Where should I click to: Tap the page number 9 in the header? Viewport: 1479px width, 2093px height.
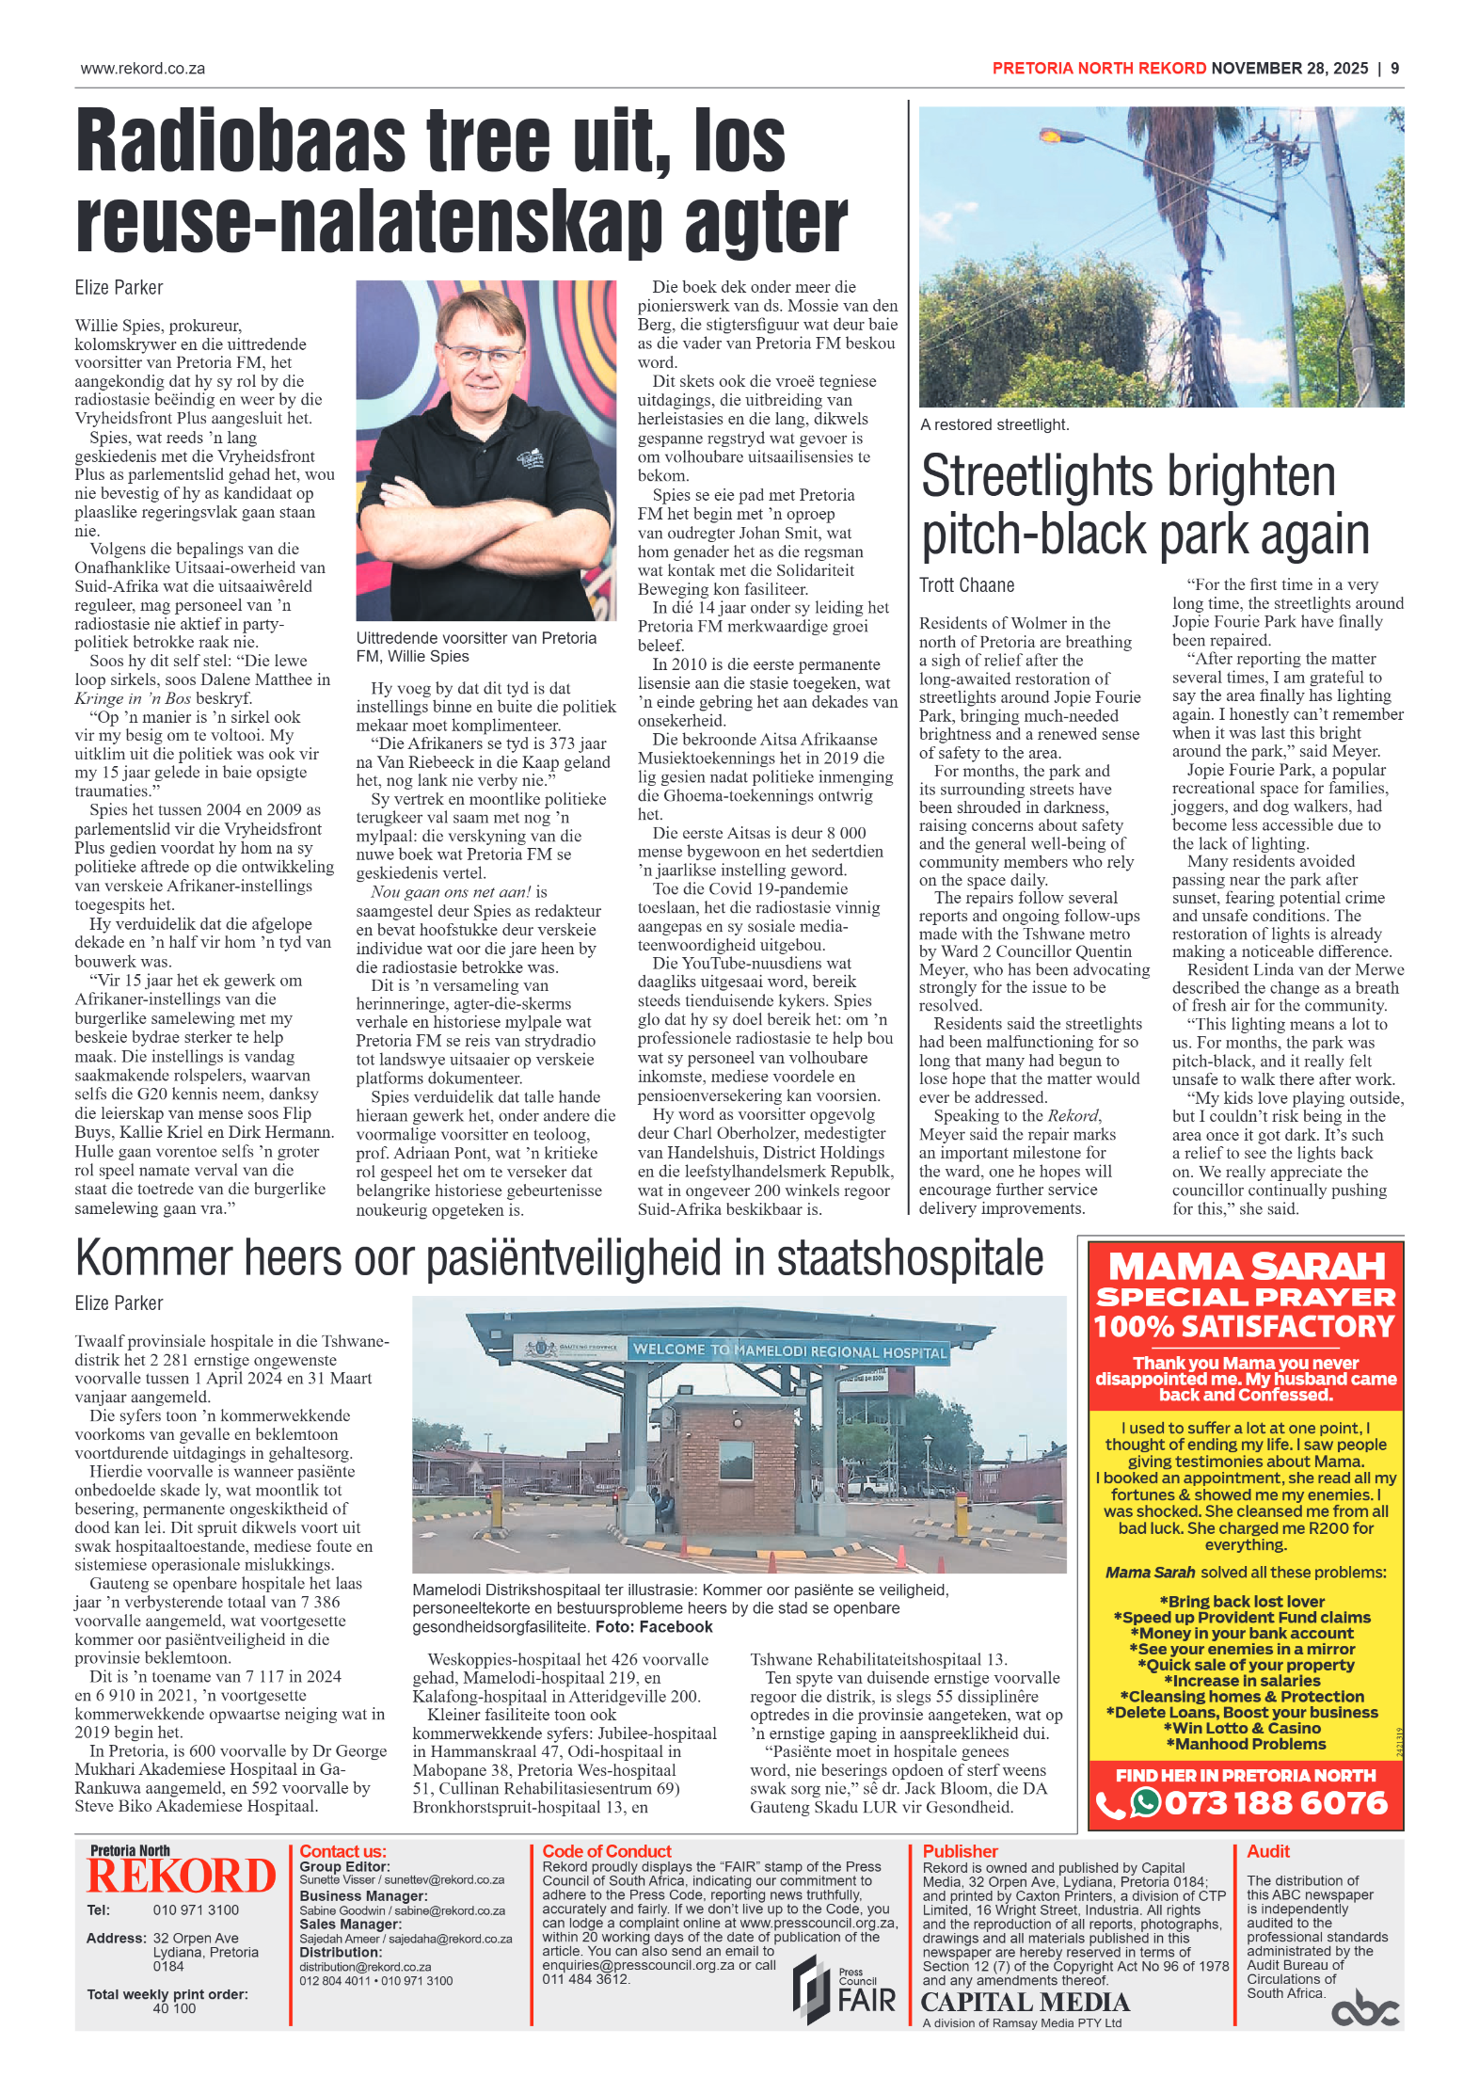pyautogui.click(x=1395, y=68)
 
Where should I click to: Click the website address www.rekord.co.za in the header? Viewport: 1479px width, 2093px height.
pyautogui.click(x=143, y=69)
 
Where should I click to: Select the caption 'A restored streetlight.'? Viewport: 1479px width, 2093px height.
pyautogui.click(x=994, y=424)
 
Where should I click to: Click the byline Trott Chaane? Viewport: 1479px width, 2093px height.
pyautogui.click(x=966, y=585)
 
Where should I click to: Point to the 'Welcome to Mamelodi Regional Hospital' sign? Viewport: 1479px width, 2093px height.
pyautogui.click(x=788, y=1350)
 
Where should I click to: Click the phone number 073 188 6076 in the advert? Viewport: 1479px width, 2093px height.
pyautogui.click(x=1275, y=1803)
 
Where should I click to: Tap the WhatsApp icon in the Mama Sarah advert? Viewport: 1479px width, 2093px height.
pyautogui.click(x=1145, y=1802)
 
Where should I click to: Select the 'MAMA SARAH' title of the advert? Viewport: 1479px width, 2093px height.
pyautogui.click(x=1246, y=1267)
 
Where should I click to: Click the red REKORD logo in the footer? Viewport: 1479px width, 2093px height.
pyautogui.click(x=181, y=1876)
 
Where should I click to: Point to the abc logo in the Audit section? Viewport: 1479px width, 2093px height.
pyautogui.click(x=1364, y=2007)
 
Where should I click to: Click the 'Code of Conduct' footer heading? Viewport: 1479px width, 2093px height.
pyautogui.click(x=607, y=1851)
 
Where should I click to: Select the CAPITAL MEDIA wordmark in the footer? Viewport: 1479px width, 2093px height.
pyautogui.click(x=1025, y=2002)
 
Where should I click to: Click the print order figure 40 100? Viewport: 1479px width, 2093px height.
pyautogui.click(x=174, y=2008)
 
